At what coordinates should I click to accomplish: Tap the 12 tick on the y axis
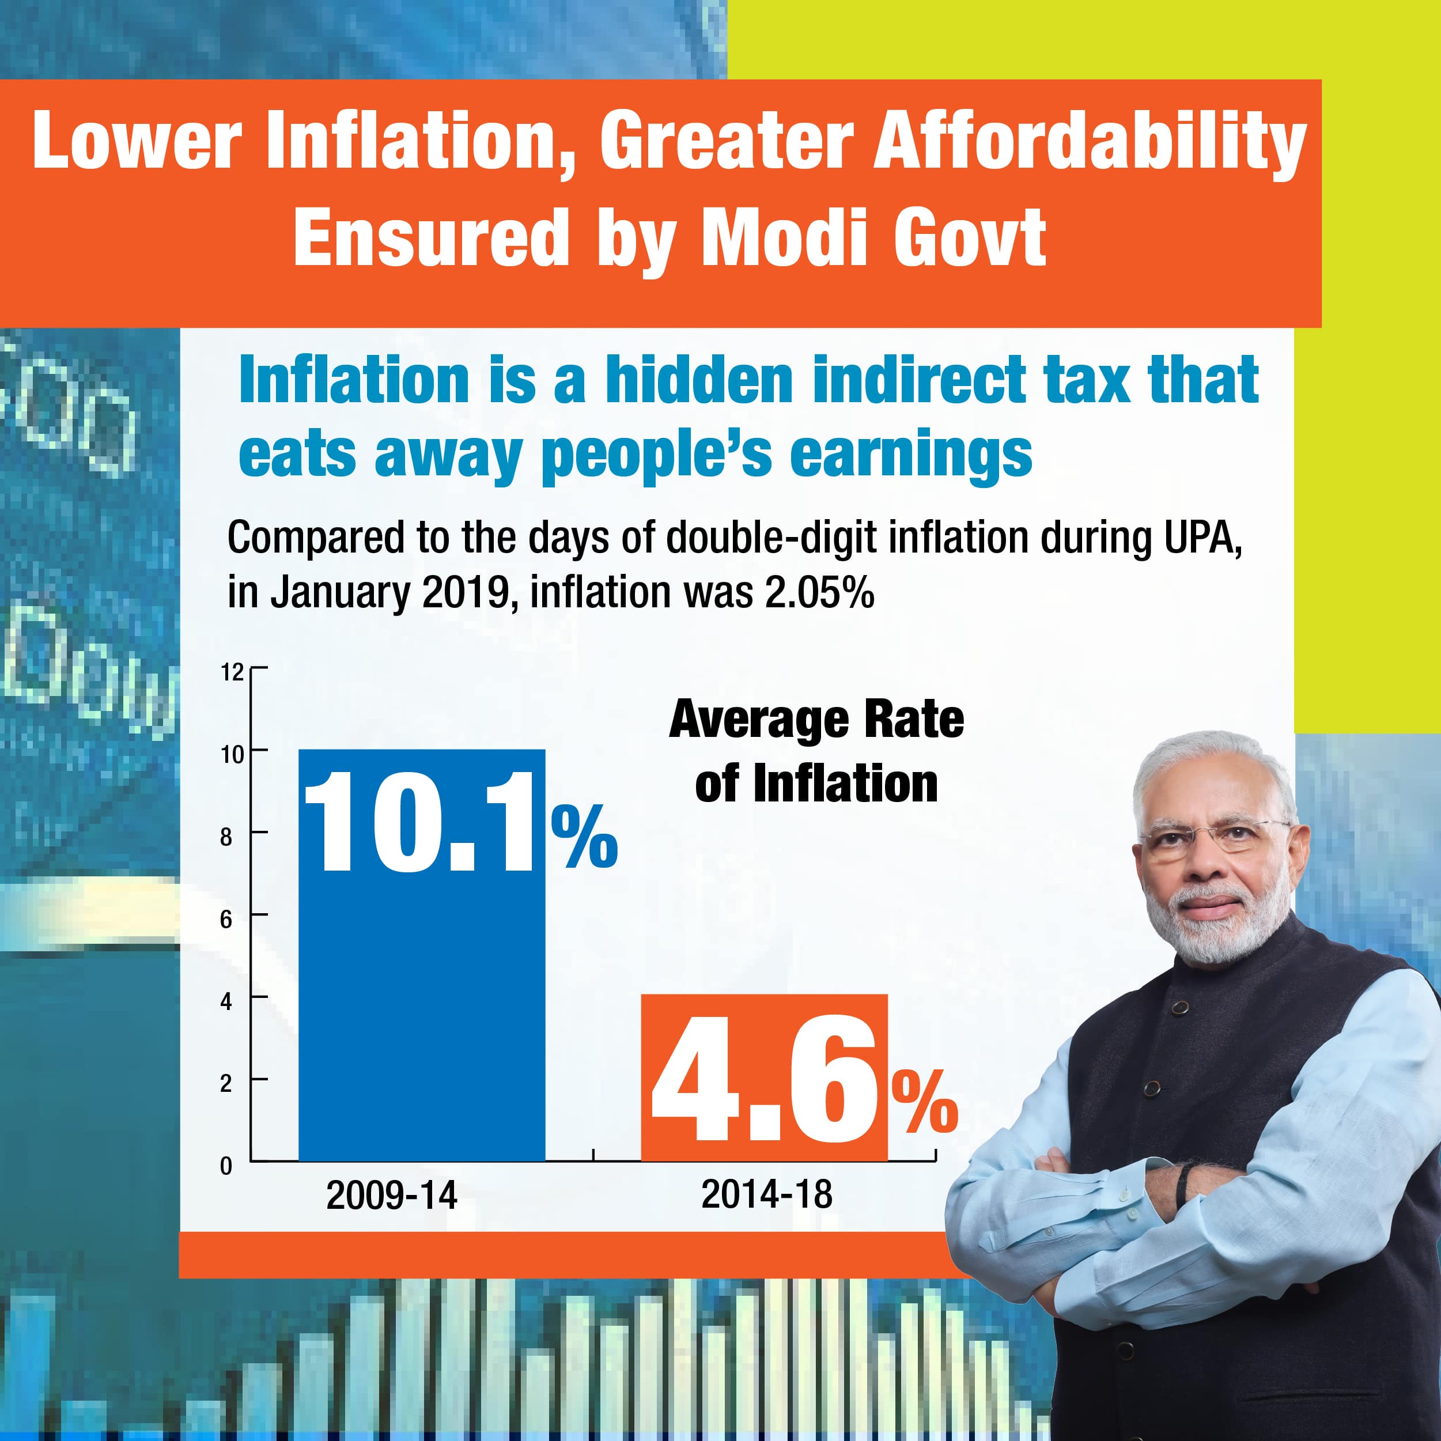[233, 672]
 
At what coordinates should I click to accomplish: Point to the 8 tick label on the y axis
[226, 837]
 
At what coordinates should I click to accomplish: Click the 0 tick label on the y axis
[226, 1166]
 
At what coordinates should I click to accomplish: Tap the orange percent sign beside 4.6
[925, 1102]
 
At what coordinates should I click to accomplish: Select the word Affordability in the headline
[1089, 142]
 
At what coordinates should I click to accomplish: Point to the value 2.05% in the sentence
[819, 593]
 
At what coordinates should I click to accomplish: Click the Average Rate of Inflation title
[816, 752]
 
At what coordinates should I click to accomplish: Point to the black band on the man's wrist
[1183, 1186]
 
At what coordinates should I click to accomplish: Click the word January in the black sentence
[339, 593]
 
